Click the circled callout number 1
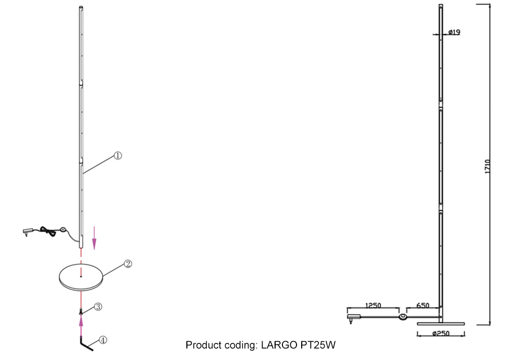pos(118,155)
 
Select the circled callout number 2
pos(128,264)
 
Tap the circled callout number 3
pos(98,306)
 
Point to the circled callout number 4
pos(103,340)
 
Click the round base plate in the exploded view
pos(81,277)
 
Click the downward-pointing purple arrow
pos(94,238)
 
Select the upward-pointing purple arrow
pos(81,326)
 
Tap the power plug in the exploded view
pos(28,232)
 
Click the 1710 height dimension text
pos(488,166)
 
